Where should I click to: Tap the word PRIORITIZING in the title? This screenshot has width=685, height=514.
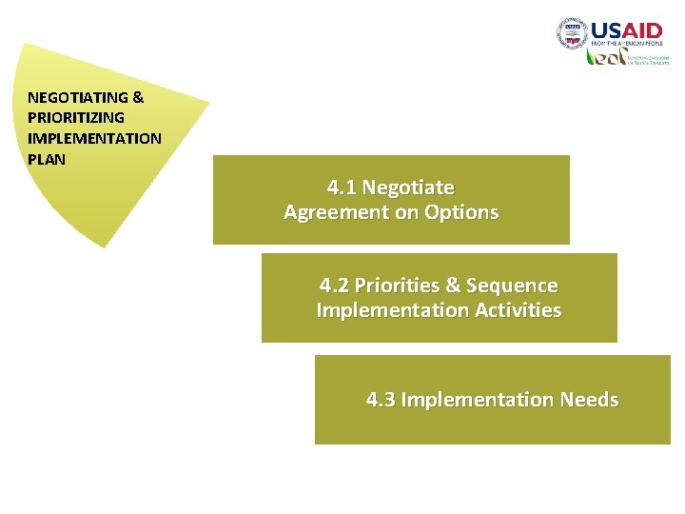click(76, 118)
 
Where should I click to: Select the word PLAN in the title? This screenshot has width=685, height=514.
click(47, 159)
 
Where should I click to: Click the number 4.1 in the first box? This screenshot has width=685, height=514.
click(342, 188)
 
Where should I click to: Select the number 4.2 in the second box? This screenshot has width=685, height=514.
click(334, 286)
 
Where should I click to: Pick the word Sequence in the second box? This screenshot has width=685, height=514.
click(512, 286)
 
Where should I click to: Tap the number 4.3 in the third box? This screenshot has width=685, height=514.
click(381, 400)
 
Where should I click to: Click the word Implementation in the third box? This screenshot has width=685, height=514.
click(478, 400)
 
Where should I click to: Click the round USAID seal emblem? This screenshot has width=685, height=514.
click(572, 34)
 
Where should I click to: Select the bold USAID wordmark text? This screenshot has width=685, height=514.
click(627, 30)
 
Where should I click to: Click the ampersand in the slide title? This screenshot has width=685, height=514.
click(138, 97)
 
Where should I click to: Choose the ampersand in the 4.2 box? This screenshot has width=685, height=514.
click(452, 286)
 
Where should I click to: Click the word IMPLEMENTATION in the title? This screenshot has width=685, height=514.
click(94, 138)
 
